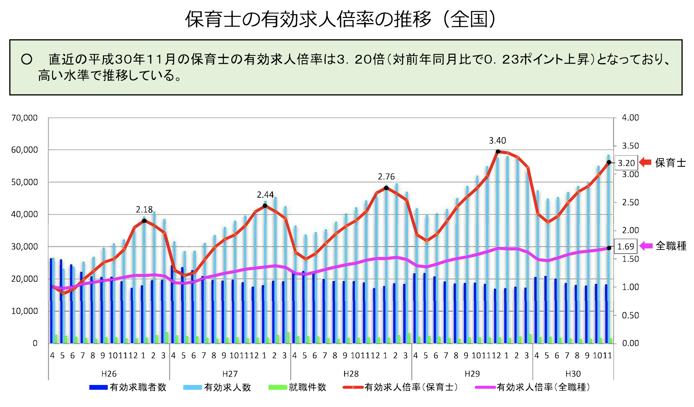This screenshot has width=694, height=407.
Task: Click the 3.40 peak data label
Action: pyautogui.click(x=497, y=141)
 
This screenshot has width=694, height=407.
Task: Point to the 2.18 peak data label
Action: pyautogui.click(x=144, y=210)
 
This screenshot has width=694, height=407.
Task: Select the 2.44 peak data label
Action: pyautogui.click(x=265, y=195)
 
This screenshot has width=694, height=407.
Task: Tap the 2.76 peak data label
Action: pyautogui.click(x=386, y=177)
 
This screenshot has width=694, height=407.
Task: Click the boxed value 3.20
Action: pyautogui.click(x=626, y=163)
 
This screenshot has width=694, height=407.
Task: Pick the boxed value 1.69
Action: pyautogui.click(x=625, y=246)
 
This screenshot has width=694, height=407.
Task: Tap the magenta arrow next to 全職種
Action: pyautogui.click(x=646, y=246)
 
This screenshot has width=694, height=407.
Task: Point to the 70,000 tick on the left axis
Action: pyautogui.click(x=24, y=118)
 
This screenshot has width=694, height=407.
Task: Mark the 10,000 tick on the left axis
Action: pyautogui.click(x=24, y=311)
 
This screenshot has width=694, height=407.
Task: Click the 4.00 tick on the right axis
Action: pyautogui.click(x=630, y=118)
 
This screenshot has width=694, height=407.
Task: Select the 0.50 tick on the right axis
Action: pyautogui.click(x=630, y=315)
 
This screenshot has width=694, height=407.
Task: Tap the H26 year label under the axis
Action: pyautogui.click(x=109, y=374)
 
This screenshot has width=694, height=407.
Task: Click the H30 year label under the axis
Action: pyautogui.click(x=573, y=374)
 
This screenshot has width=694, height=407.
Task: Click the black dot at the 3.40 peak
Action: pyautogui.click(x=498, y=152)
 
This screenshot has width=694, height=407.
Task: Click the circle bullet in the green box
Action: pyautogui.click(x=27, y=59)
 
